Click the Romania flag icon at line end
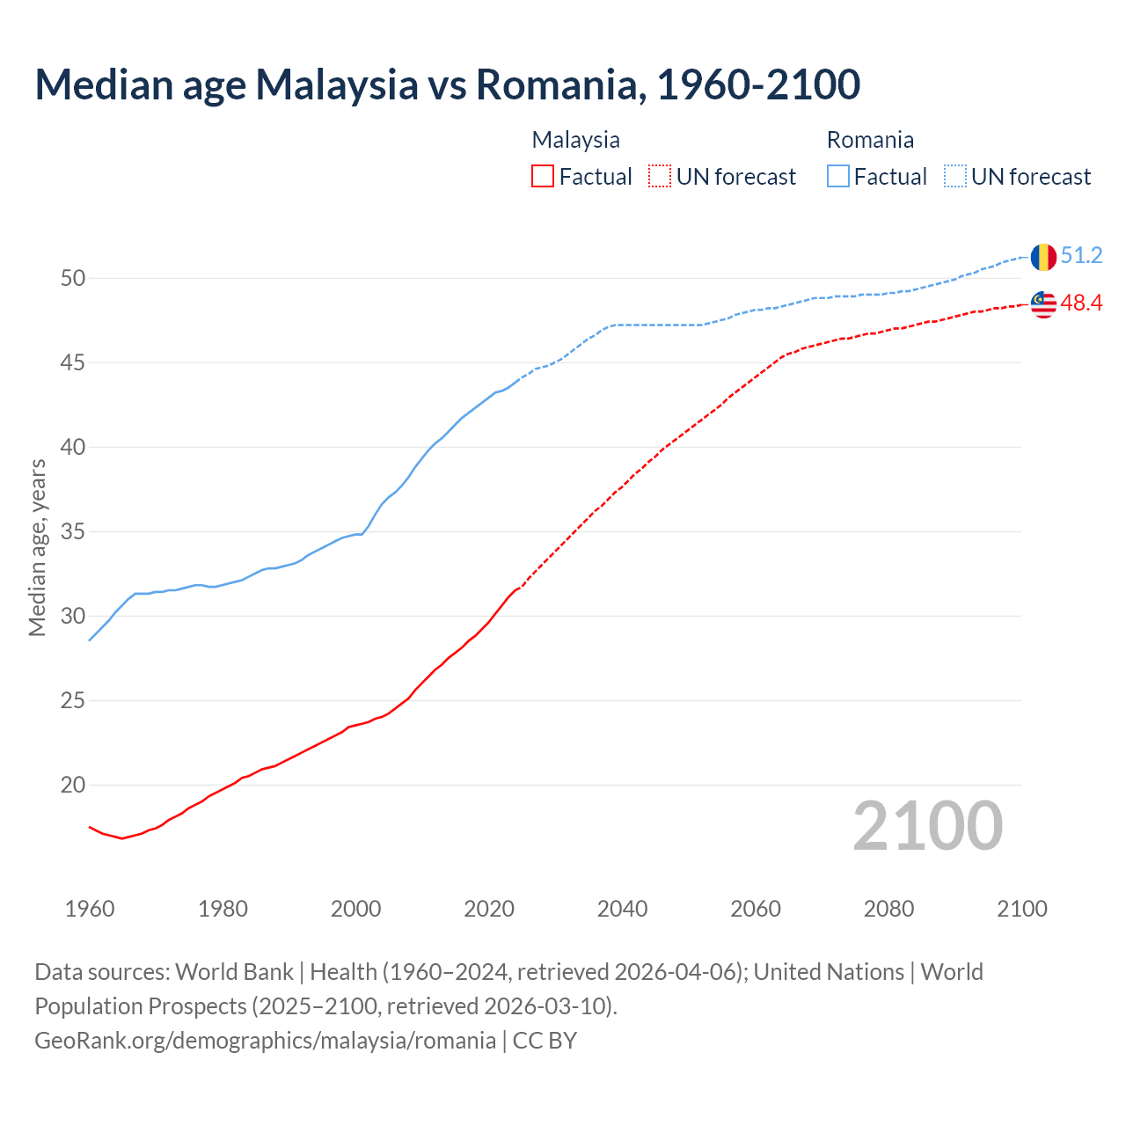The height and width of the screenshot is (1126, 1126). (x=1043, y=257)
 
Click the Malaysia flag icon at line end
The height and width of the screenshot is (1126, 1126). (x=1043, y=304)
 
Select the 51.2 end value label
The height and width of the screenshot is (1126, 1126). (x=1081, y=256)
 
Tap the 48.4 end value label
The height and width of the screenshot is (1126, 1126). (x=1081, y=303)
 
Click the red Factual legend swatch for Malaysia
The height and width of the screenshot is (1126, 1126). (x=543, y=177)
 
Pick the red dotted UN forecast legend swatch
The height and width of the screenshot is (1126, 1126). (x=660, y=177)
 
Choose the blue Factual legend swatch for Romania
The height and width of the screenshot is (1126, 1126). (x=838, y=177)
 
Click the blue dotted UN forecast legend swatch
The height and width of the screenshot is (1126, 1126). (x=955, y=177)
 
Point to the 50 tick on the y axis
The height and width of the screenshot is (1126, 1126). (x=73, y=279)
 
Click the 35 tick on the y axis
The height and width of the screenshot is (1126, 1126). (x=73, y=532)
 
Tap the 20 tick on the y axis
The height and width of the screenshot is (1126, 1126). (x=73, y=786)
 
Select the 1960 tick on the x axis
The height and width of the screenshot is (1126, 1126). (x=90, y=909)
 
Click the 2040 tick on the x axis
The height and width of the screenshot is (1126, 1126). (x=622, y=909)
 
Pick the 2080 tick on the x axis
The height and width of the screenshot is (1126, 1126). (x=888, y=909)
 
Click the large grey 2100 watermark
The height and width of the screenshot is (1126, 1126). (x=928, y=826)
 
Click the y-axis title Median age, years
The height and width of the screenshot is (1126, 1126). (x=37, y=547)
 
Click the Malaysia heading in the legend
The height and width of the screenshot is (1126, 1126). (x=575, y=140)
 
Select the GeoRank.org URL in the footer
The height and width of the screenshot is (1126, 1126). (x=265, y=1041)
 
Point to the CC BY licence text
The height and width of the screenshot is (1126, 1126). (x=545, y=1041)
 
